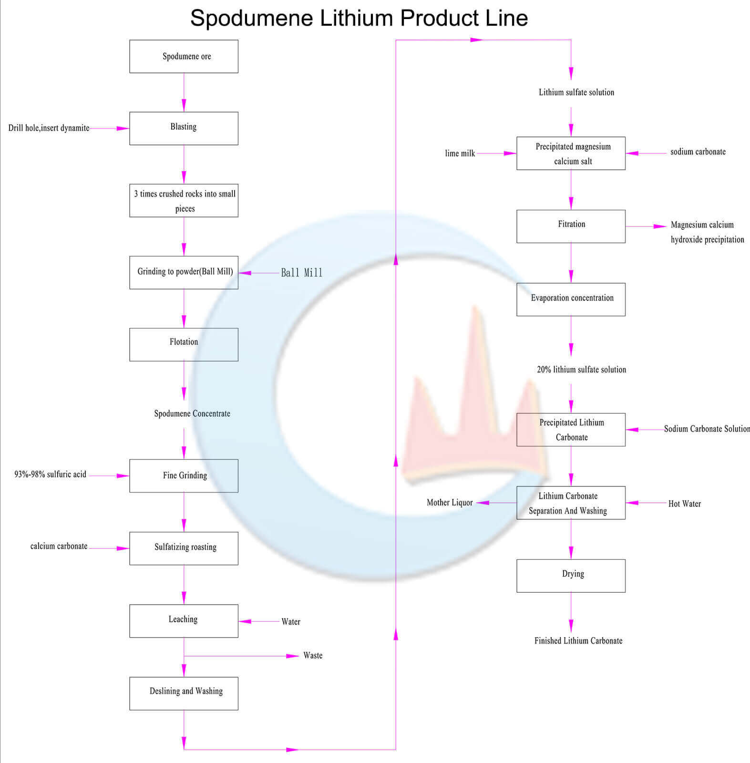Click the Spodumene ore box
pyautogui.click(x=184, y=56)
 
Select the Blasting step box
pyautogui.click(x=184, y=128)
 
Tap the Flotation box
pyautogui.click(x=184, y=344)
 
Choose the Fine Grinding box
pyautogui.click(x=184, y=476)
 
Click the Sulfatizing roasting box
pyautogui.click(x=184, y=548)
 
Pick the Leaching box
pyautogui.click(x=184, y=621)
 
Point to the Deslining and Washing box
pyautogui.click(x=184, y=693)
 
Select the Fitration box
pyautogui.click(x=571, y=226)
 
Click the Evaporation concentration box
pyautogui.click(x=571, y=299)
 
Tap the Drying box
pyautogui.click(x=571, y=576)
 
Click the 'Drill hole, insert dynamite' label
pyautogui.click(x=49, y=128)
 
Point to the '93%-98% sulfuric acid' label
pyautogui.click(x=51, y=474)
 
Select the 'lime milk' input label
pyautogui.click(x=460, y=153)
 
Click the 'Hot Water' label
pyautogui.click(x=685, y=504)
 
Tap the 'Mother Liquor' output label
pyautogui.click(x=450, y=503)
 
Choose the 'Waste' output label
pyautogui.click(x=313, y=656)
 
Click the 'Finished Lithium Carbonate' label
pyautogui.click(x=578, y=640)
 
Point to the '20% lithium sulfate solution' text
pyautogui.click(x=582, y=370)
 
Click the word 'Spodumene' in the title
pyautogui.click(x=252, y=19)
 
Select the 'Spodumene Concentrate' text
pyautogui.click(x=192, y=413)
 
